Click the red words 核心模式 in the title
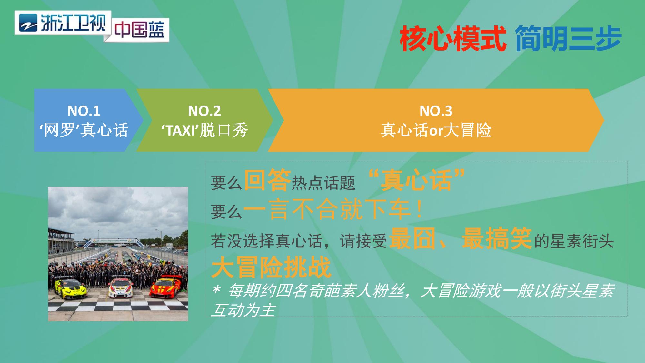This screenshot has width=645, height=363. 453,39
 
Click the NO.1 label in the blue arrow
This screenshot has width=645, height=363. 84,111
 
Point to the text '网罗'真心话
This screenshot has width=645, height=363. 84,130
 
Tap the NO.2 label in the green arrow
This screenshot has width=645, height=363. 204,111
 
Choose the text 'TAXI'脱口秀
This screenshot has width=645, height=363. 204,130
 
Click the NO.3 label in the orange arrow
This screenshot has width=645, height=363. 436,111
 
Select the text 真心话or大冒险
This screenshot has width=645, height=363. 436,130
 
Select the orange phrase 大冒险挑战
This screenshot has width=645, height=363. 271,267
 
